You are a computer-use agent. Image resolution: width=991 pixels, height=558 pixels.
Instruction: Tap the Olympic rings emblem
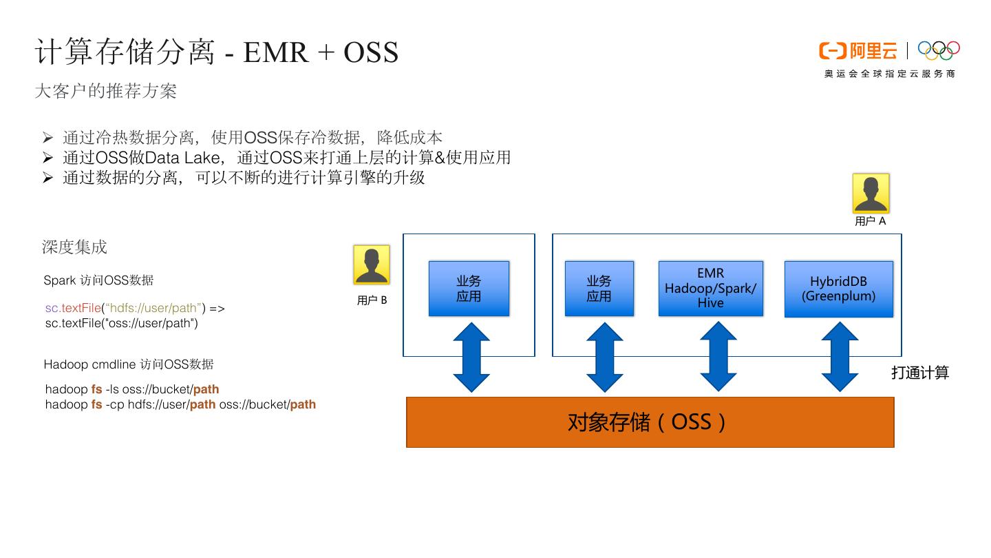[939, 50]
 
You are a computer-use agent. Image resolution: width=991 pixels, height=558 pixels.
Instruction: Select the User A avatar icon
[871, 193]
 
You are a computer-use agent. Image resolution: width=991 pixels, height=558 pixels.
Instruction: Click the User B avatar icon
[372, 265]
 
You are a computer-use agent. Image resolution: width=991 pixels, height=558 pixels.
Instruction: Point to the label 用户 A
[871, 221]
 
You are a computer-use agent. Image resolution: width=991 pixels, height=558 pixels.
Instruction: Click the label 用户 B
[372, 300]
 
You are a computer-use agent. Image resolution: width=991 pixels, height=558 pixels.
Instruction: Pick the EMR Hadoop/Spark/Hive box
[710, 288]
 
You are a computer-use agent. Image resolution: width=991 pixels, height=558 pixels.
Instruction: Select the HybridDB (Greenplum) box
[838, 289]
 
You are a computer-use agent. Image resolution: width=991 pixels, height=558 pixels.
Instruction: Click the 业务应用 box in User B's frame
[469, 289]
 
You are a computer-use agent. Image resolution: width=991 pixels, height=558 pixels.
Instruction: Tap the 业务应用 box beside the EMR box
[599, 289]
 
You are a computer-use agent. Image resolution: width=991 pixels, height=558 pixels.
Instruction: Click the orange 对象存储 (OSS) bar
[650, 422]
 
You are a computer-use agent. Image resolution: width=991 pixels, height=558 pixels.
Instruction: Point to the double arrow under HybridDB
[840, 357]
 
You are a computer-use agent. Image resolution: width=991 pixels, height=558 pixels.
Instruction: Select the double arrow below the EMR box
[718, 357]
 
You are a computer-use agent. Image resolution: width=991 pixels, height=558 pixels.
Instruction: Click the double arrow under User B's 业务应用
[471, 357]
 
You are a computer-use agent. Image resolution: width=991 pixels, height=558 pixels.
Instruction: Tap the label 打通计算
[920, 373]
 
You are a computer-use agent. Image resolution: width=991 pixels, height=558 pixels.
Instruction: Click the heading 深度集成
[74, 247]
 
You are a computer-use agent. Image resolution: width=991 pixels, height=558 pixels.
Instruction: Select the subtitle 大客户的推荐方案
[105, 91]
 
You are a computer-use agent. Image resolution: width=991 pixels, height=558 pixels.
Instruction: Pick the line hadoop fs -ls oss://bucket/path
[132, 389]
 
